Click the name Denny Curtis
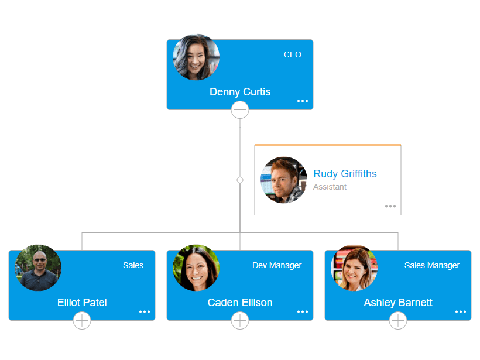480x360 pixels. coord(240,92)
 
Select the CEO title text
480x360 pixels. coord(293,54)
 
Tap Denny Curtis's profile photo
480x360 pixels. coord(196,57)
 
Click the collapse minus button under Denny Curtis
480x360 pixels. coord(240,109)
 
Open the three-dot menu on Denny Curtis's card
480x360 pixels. coord(302,101)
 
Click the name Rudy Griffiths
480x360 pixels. coord(345,174)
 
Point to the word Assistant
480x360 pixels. coord(330,187)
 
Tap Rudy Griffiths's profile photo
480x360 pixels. coord(284,180)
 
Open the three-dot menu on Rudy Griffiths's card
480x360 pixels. coord(390,207)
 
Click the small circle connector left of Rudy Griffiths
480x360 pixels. coord(240,180)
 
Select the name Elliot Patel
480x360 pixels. coord(82,303)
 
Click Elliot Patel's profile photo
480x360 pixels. coord(38,268)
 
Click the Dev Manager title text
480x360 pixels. coord(277,265)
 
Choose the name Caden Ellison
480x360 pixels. coord(240,303)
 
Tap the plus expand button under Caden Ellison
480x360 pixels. coord(240,320)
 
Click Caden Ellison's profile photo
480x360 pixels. coord(196,268)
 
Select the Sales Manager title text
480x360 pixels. coord(432,265)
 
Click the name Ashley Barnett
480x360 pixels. coord(398,303)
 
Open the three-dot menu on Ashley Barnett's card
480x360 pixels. coord(461,312)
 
